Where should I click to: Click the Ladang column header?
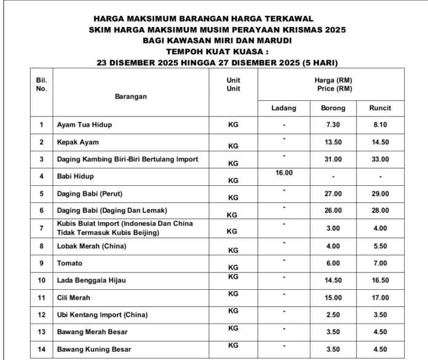tap(283, 108)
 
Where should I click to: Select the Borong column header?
tap(333, 108)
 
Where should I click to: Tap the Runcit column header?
tap(380, 108)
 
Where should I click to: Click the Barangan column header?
tap(130, 97)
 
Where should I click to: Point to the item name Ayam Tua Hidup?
tap(84, 125)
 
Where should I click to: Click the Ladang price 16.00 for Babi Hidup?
tap(283, 173)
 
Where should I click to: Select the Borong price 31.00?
tap(333, 159)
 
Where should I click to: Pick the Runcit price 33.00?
tap(380, 159)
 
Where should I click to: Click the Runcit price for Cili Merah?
tap(380, 298)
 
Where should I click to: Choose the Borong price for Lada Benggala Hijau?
tap(333, 281)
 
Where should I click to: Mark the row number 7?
tap(42, 228)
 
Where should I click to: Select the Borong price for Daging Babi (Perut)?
tap(333, 194)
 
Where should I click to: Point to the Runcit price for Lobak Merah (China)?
tap(380, 246)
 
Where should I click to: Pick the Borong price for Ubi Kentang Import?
tap(333, 316)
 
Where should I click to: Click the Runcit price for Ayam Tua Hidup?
tap(380, 125)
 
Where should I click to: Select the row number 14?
tap(42, 350)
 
